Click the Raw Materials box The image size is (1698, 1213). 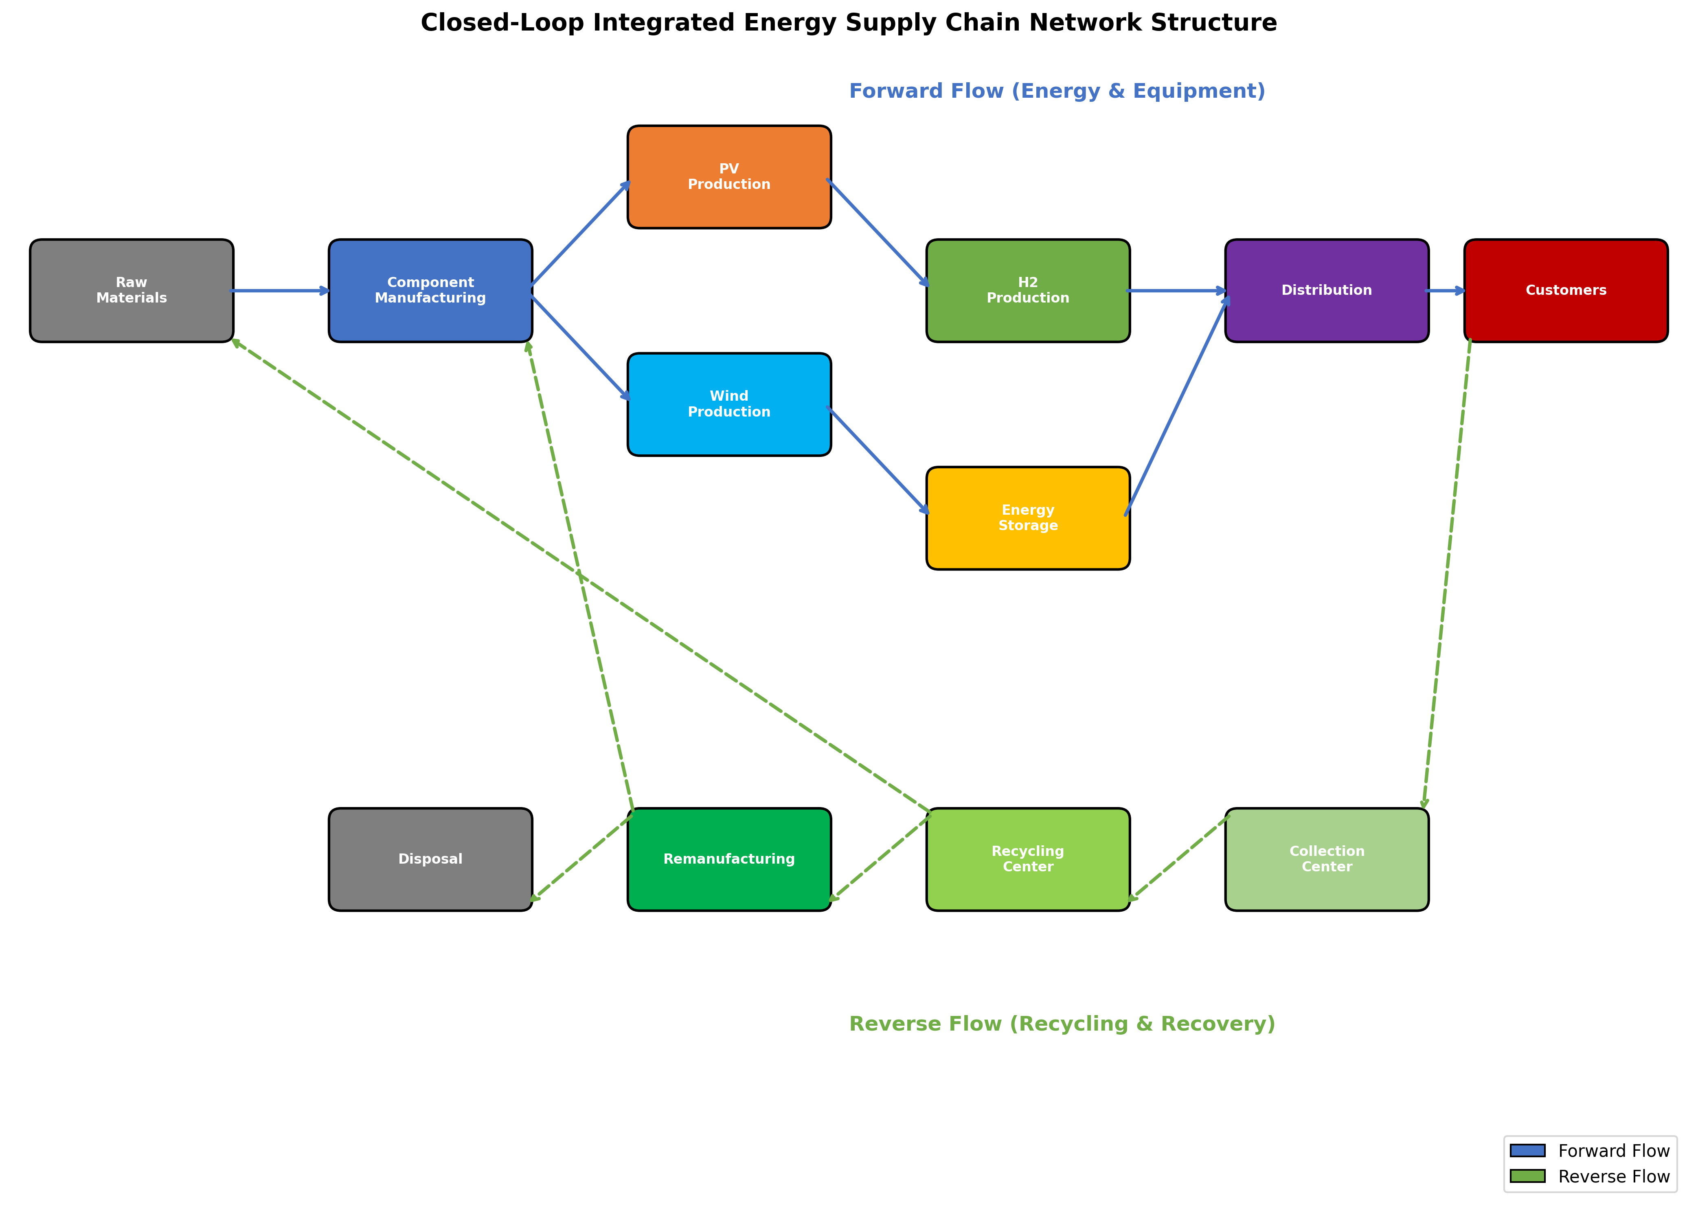(x=132, y=291)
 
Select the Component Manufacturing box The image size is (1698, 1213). (x=430, y=291)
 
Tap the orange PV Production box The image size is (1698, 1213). (x=729, y=177)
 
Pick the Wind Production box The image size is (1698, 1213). (x=729, y=404)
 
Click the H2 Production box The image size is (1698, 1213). (x=1028, y=291)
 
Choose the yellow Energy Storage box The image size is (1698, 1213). (x=1028, y=518)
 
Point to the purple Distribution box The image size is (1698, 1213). (x=1327, y=291)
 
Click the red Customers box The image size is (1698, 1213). (x=1566, y=291)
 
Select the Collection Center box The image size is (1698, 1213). (x=1327, y=859)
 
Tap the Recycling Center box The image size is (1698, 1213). (x=1028, y=859)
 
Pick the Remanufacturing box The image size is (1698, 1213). (x=729, y=859)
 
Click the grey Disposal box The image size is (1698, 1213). (x=430, y=859)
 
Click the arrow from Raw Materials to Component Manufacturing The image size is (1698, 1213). (x=280, y=291)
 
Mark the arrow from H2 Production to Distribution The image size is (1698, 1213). (x=1176, y=291)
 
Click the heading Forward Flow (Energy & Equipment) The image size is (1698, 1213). (x=1057, y=91)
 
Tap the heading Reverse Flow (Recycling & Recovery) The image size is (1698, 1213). (x=1062, y=1024)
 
